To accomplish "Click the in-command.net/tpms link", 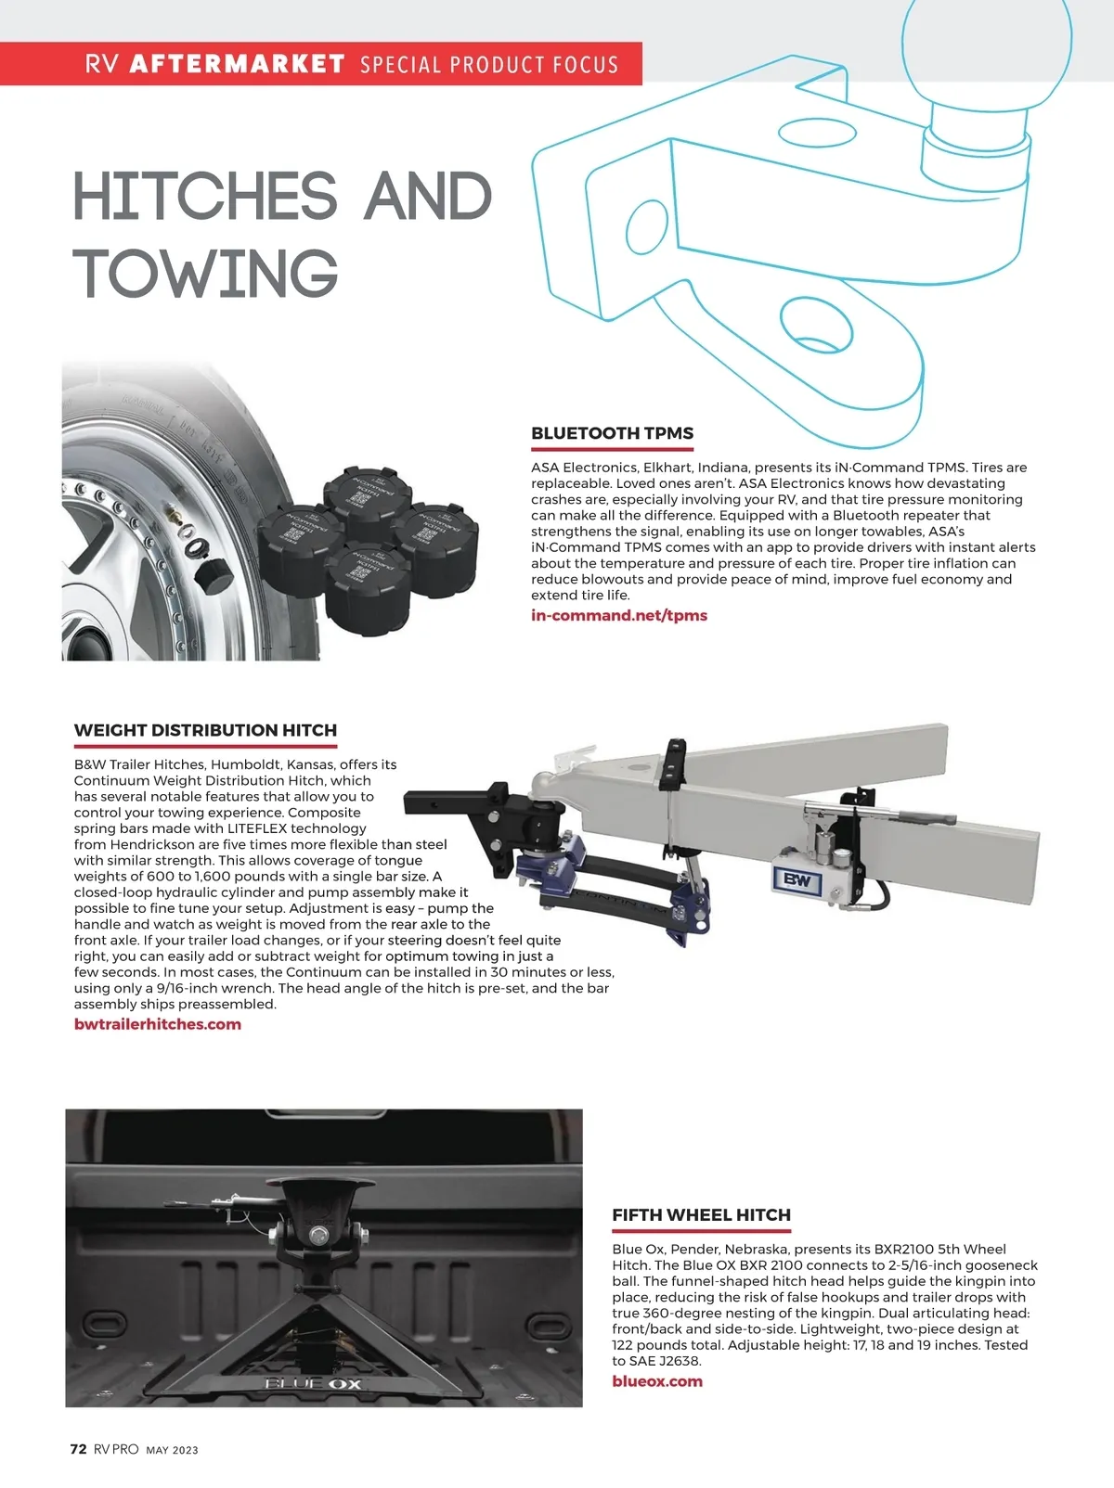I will click(x=618, y=615).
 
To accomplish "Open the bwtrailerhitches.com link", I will click(x=157, y=1024).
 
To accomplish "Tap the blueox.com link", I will click(x=656, y=1381).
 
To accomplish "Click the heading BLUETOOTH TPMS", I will click(x=612, y=433).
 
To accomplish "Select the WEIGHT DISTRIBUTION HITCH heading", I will click(x=205, y=730).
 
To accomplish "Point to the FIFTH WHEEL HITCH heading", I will click(x=701, y=1215).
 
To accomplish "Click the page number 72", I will click(x=79, y=1449).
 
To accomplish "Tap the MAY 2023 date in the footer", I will click(x=172, y=1450).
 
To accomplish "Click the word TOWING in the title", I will click(x=206, y=274).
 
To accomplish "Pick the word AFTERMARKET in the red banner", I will click(x=238, y=64).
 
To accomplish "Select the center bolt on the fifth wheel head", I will click(x=317, y=1235).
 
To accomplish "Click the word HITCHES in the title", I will click(x=204, y=197).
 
